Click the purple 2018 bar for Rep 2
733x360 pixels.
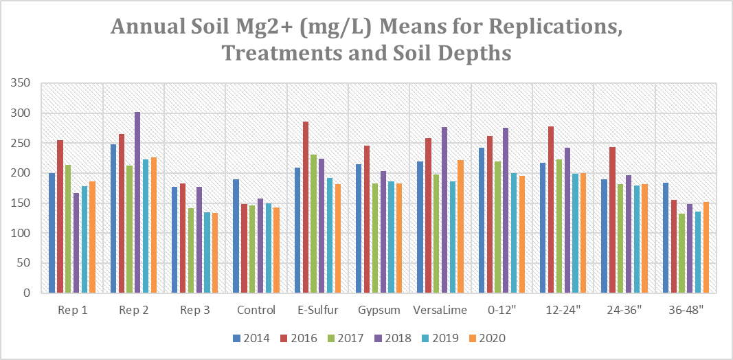[x=137, y=202]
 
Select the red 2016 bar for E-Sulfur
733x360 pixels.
[x=306, y=207]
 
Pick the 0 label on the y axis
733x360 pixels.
[x=28, y=293]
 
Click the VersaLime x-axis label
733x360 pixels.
[x=440, y=310]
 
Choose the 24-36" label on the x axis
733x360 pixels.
[x=624, y=310]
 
